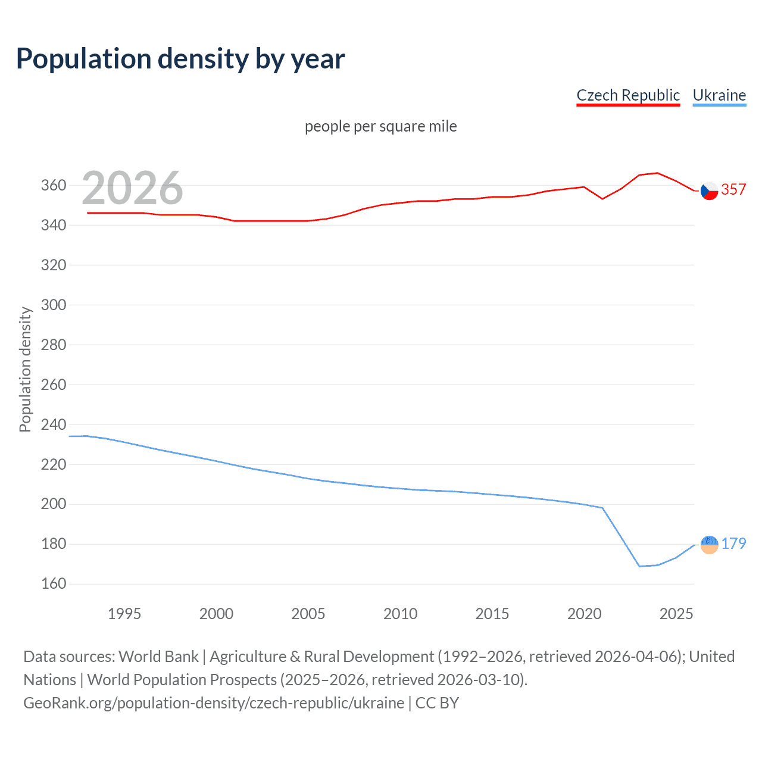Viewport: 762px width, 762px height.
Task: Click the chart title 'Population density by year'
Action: coord(180,59)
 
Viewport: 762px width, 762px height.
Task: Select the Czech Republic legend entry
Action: coord(628,95)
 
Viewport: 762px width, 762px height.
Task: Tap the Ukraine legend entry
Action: coord(719,95)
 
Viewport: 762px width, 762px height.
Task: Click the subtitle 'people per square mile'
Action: coord(380,126)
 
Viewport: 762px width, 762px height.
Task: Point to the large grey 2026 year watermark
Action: coord(132,188)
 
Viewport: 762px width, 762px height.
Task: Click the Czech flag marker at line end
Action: coord(709,190)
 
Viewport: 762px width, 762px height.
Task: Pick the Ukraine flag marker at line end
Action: coord(709,544)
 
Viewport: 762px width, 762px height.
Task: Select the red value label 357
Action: coord(733,189)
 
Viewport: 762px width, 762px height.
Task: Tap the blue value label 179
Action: coord(733,544)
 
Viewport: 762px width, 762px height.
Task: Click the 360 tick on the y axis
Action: coord(53,185)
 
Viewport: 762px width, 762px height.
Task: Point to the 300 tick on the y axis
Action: coord(53,305)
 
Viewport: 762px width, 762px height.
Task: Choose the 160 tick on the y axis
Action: coord(53,583)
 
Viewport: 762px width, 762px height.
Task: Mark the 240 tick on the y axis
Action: coord(53,424)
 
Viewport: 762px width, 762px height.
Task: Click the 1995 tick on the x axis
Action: coord(124,614)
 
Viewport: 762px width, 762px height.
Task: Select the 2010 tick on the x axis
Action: coord(400,614)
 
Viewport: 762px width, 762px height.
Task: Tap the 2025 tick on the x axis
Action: coord(676,614)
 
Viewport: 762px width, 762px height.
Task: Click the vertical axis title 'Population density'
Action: coord(25,369)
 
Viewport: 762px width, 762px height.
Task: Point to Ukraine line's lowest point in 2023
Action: coord(639,566)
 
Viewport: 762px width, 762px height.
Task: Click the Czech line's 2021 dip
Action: coord(602,199)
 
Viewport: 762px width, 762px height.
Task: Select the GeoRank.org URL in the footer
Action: coord(214,703)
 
